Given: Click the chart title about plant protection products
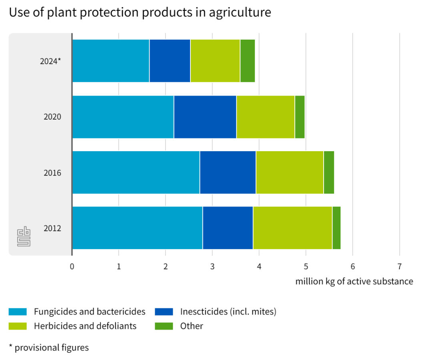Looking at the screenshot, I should [140, 12].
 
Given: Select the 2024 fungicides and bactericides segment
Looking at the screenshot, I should [110, 61].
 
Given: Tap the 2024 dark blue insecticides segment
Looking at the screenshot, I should [170, 61].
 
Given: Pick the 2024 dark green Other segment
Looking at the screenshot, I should [247, 61].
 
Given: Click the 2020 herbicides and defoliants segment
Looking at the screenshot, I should [265, 117].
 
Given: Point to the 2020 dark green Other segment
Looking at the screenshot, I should [300, 117].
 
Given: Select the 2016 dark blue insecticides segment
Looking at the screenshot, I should [228, 172].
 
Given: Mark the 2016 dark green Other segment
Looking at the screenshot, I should [329, 172].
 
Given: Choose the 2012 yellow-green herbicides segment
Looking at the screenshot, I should [292, 228].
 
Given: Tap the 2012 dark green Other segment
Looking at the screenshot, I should [336, 228].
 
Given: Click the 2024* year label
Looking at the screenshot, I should [50, 61].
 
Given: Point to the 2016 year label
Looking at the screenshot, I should [52, 173].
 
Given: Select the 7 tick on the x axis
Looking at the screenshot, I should [399, 266].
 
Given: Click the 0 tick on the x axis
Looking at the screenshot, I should [72, 266].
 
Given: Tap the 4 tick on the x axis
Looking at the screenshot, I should [259, 266].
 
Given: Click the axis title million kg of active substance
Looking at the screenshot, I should [354, 281].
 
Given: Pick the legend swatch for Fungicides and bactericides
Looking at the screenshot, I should [18, 312].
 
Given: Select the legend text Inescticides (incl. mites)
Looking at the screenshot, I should [228, 312].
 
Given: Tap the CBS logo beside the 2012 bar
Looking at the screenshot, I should [24, 237].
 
